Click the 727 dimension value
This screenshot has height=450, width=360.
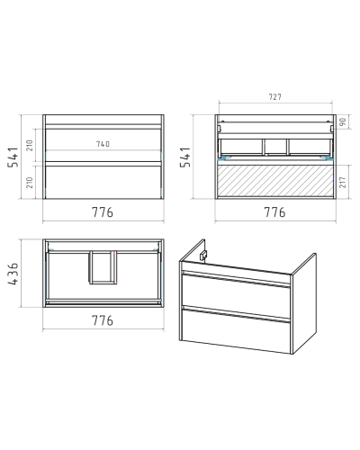[275, 97]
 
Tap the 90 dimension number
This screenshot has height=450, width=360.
[343, 121]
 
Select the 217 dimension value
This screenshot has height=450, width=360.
[343, 182]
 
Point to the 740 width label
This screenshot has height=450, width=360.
[103, 144]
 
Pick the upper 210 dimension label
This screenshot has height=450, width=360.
[30, 146]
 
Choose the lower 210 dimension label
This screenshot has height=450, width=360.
[30, 183]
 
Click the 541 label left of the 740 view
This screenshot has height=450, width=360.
[13, 157]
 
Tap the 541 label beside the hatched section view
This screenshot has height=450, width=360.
[185, 157]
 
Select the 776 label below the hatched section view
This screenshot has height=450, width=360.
[274, 212]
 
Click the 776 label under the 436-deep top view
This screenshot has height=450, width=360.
[103, 320]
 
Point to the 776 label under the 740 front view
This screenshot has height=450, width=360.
[103, 212]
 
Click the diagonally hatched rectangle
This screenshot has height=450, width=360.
[275, 181]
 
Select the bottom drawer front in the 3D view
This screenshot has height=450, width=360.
[236, 330]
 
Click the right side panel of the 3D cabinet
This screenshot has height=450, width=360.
[304, 303]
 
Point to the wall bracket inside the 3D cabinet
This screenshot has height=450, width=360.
[203, 255]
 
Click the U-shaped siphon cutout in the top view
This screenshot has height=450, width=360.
[103, 267]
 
